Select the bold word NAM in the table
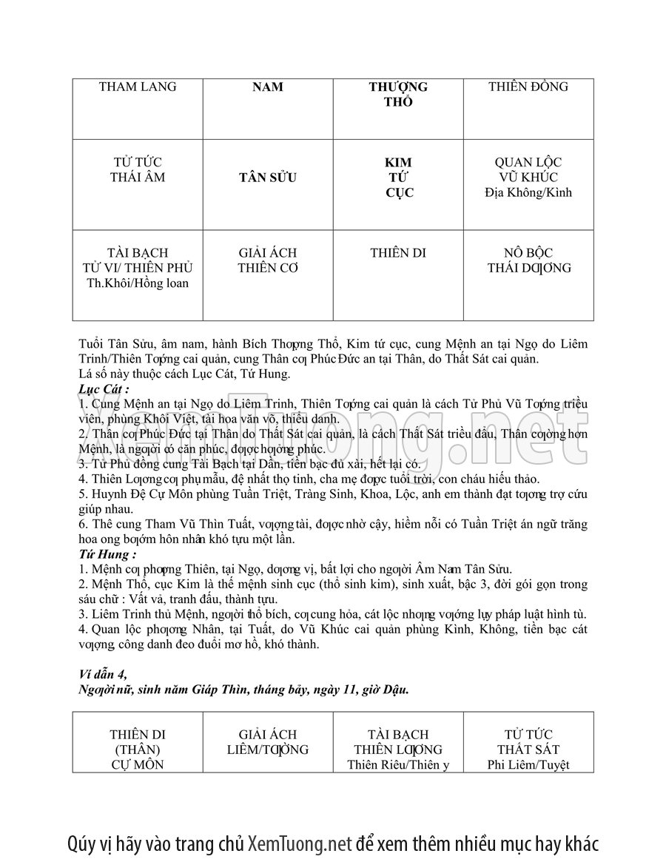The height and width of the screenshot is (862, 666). (268, 87)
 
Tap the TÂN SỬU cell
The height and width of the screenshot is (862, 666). (268, 178)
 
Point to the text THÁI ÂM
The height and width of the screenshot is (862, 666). (138, 178)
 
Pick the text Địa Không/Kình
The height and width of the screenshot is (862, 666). (528, 193)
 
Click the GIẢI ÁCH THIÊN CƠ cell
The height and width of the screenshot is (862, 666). (268, 260)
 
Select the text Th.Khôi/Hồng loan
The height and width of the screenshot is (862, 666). (138, 283)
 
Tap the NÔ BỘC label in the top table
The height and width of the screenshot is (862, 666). (528, 253)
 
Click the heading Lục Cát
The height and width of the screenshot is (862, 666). (104, 388)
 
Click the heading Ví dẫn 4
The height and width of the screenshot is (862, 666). (103, 673)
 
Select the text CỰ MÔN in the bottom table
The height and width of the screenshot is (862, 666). (138, 765)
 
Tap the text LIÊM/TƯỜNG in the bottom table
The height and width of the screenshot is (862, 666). (268, 750)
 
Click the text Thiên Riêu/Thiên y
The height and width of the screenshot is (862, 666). (398, 765)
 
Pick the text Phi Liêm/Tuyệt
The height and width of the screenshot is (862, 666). (528, 765)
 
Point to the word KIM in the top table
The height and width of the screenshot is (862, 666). (398, 162)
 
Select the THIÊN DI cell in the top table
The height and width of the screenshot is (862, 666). (398, 253)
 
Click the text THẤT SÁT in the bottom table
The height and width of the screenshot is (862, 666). (528, 750)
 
